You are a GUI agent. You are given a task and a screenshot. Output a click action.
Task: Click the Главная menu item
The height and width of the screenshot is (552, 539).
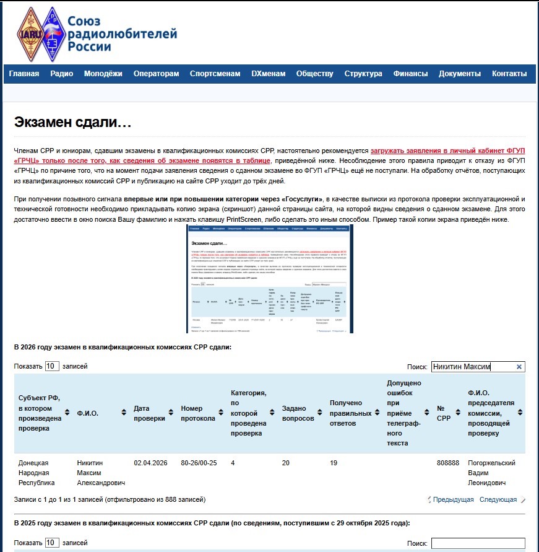pyautogui.click(x=24, y=74)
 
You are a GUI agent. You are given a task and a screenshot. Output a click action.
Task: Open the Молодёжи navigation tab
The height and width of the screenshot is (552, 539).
pyautogui.click(x=103, y=74)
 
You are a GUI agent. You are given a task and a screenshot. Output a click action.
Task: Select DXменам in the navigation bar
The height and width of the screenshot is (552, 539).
pyautogui.click(x=269, y=74)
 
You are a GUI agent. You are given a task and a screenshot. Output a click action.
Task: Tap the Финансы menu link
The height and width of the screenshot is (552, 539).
pyautogui.click(x=410, y=74)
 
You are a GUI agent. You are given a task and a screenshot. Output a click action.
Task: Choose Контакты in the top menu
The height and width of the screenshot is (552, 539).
pyautogui.click(x=509, y=74)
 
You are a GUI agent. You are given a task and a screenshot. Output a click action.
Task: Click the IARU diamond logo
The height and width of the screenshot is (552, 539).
pyautogui.click(x=30, y=34)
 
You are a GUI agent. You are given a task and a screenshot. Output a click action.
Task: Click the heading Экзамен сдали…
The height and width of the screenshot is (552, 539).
pyautogui.click(x=73, y=122)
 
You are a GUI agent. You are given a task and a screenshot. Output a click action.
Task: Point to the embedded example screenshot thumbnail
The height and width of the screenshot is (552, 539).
pyautogui.click(x=270, y=279)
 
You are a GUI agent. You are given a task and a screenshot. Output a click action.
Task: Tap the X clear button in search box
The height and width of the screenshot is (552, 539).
pyautogui.click(x=519, y=367)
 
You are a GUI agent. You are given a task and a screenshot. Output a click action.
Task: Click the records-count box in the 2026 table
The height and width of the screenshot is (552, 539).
pyautogui.click(x=52, y=366)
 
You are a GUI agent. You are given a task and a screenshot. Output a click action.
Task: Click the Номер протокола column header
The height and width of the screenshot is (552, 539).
pyautogui.click(x=198, y=413)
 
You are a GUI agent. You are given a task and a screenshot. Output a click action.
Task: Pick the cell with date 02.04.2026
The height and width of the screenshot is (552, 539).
pyautogui.click(x=150, y=463)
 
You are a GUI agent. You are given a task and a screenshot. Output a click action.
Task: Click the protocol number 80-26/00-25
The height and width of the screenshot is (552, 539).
pyautogui.click(x=199, y=463)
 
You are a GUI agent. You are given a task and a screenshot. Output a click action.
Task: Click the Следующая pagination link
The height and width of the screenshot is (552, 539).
pyautogui.click(x=498, y=499)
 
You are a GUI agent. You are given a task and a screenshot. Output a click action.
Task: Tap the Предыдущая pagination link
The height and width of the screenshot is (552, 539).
pyautogui.click(x=453, y=499)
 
